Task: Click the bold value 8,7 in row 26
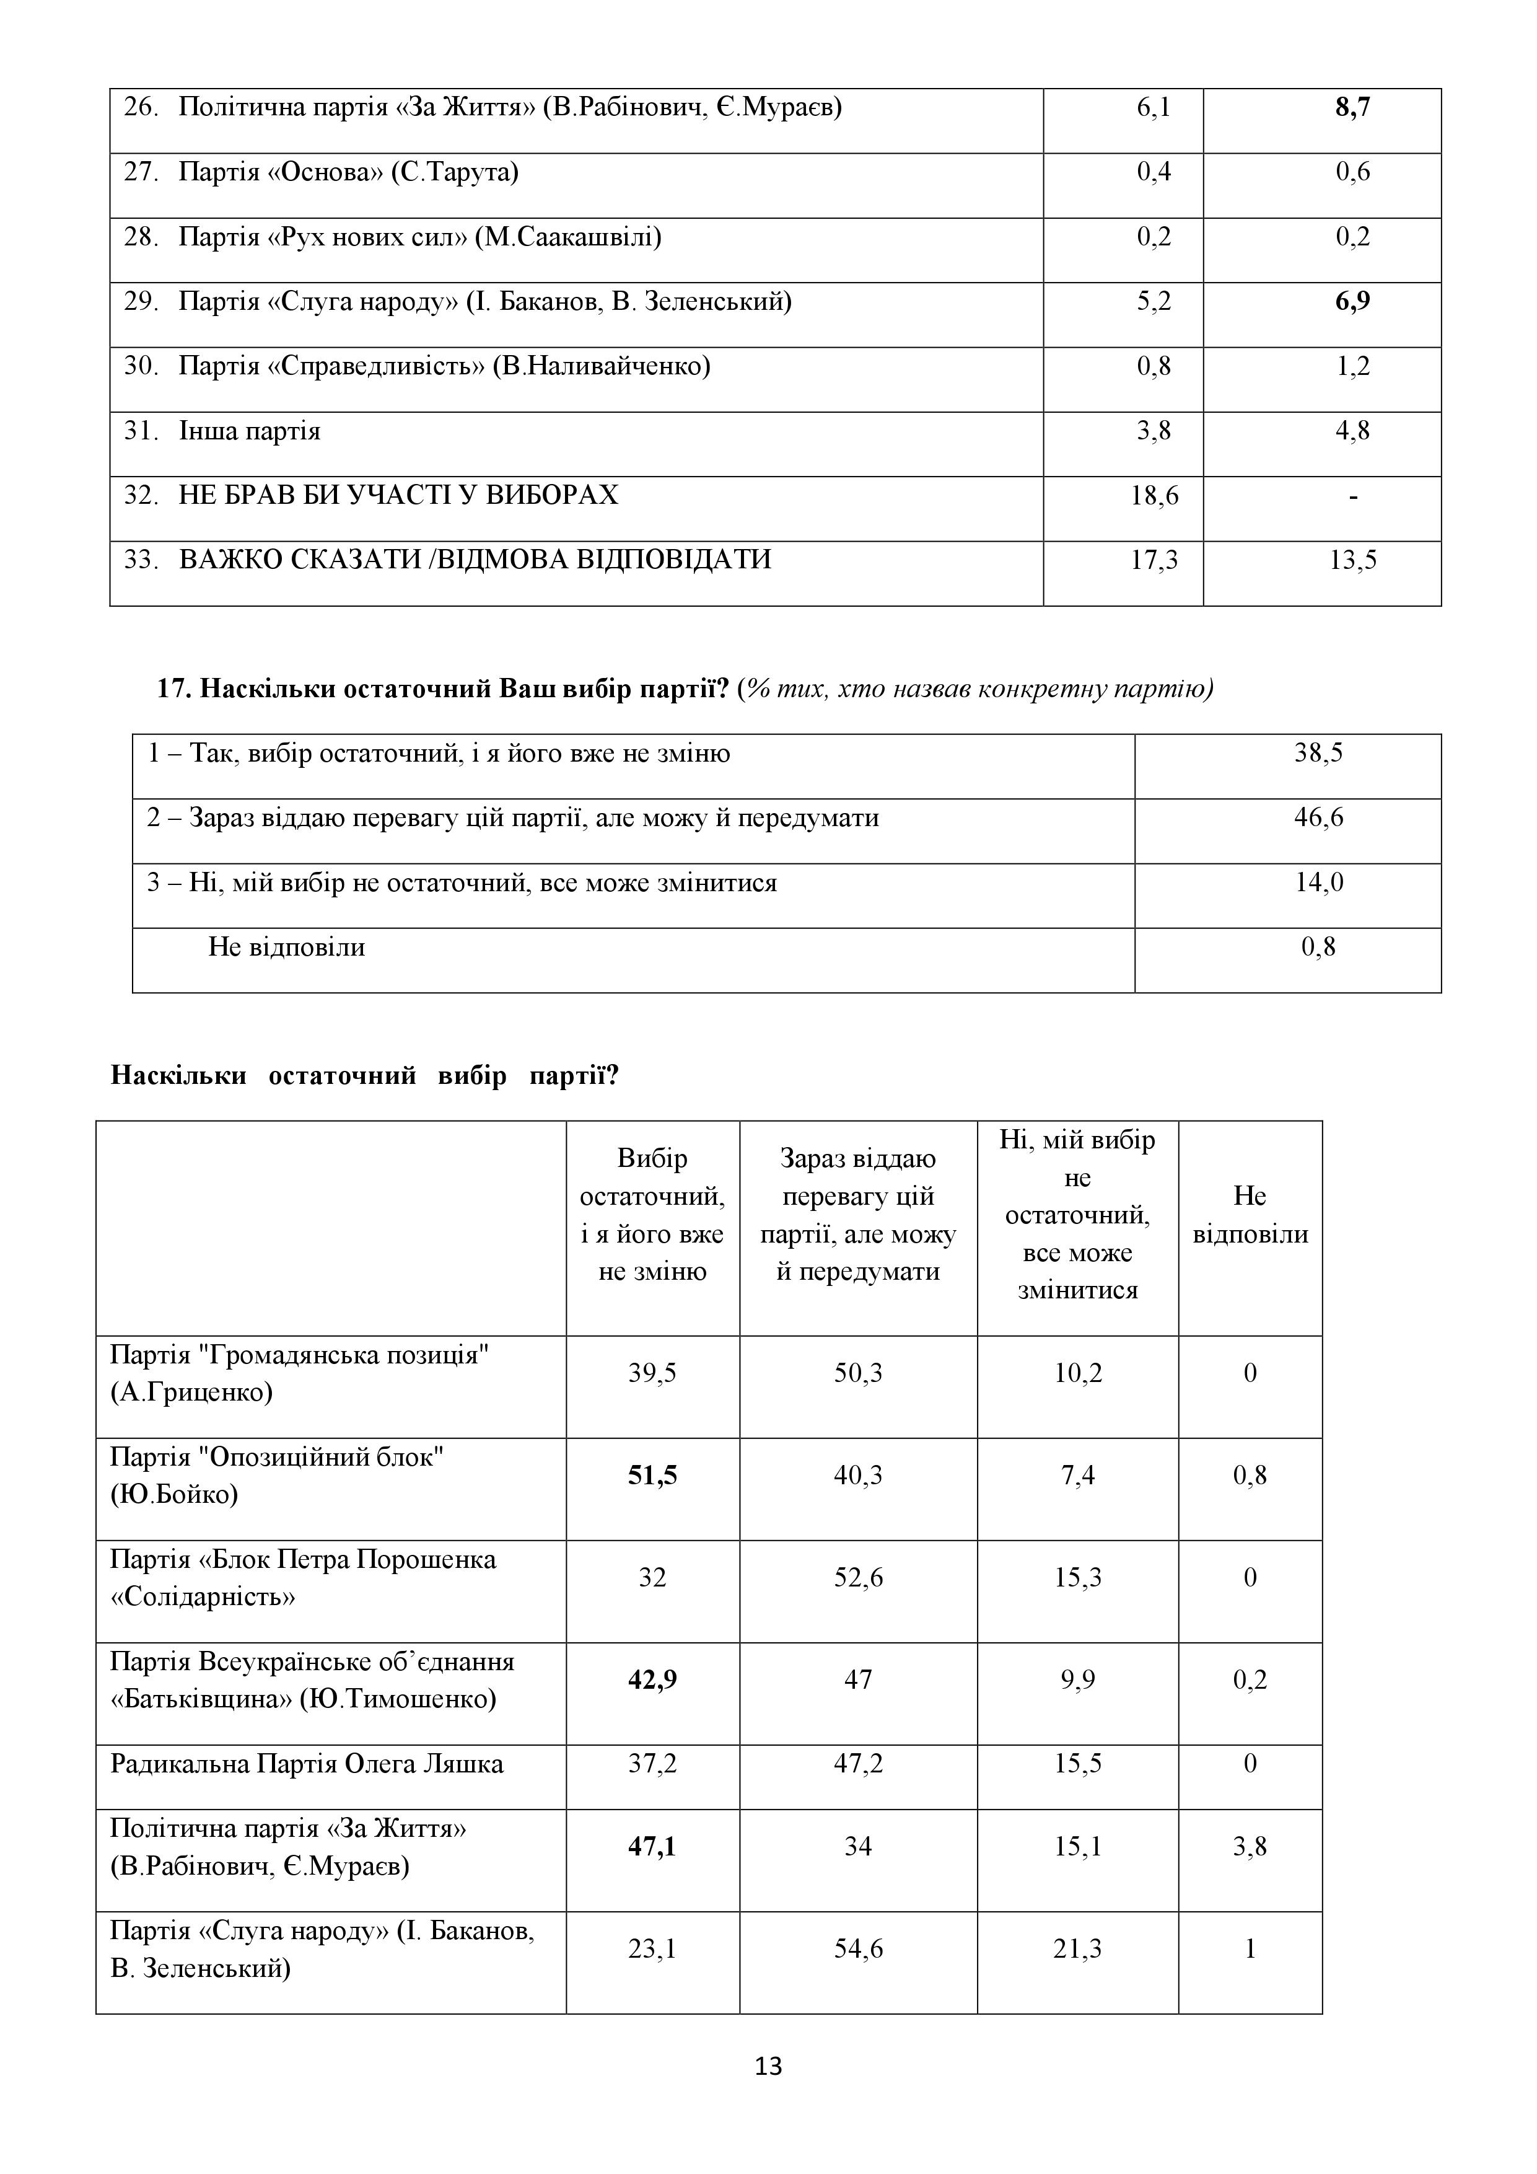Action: [x=1352, y=108]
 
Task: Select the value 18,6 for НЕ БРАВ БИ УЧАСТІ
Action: [x=1155, y=495]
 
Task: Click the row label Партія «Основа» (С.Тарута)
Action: [x=348, y=172]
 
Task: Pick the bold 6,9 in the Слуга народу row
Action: [x=1352, y=302]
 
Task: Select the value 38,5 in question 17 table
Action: [x=1318, y=754]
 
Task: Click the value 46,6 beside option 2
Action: [x=1318, y=818]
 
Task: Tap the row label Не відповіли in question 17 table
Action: [x=287, y=947]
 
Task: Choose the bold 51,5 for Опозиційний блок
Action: [x=652, y=1475]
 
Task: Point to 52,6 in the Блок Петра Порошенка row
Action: [x=857, y=1577]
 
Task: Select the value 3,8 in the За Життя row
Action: [x=1250, y=1846]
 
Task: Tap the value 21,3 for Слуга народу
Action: [x=1077, y=1948]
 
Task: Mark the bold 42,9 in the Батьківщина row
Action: [x=652, y=1679]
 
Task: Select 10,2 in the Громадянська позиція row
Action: [x=1077, y=1373]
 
